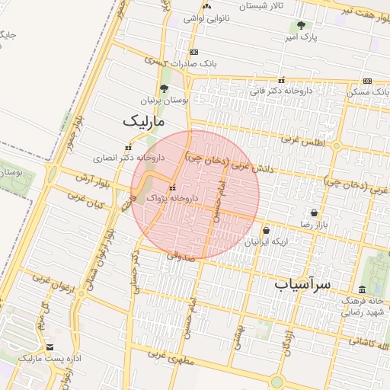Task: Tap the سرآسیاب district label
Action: [302, 283]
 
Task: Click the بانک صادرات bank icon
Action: [194, 52]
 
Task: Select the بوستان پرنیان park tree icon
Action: [165, 90]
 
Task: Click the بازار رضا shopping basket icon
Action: [314, 213]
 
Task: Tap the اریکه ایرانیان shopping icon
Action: [266, 230]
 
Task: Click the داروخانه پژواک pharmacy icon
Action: [173, 187]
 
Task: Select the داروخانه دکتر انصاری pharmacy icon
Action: [127, 148]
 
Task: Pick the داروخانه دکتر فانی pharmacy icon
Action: [282, 80]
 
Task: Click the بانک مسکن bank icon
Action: [367, 81]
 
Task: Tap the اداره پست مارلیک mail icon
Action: [50, 347]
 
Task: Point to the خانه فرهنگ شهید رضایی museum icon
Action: [361, 289]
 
